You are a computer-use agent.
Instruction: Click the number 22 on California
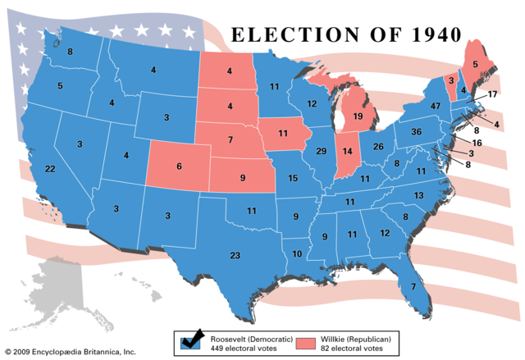[50, 169]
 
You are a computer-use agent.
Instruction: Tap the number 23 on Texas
[235, 256]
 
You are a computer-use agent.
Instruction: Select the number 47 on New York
[435, 107]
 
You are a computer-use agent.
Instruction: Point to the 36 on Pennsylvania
[417, 132]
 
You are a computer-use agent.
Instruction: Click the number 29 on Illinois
[322, 153]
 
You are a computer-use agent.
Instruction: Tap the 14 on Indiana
[348, 152]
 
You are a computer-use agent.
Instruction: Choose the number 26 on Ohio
[379, 147]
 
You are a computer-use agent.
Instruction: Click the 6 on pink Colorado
[180, 166]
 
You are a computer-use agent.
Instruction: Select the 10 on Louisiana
[297, 254]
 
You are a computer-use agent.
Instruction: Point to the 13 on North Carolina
[418, 195]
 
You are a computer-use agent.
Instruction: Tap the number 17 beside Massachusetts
[492, 95]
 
